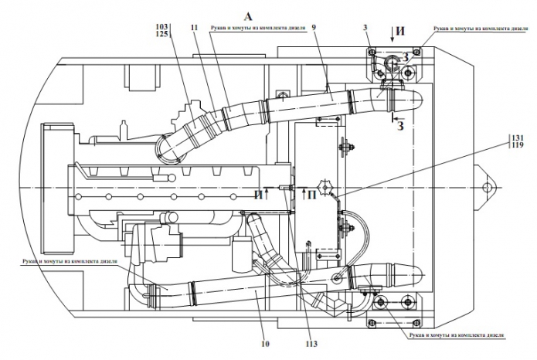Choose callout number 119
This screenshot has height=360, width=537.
point(516,145)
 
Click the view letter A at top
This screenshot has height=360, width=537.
point(247,15)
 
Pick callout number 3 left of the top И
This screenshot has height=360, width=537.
point(365,27)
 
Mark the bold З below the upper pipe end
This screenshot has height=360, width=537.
point(399,127)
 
